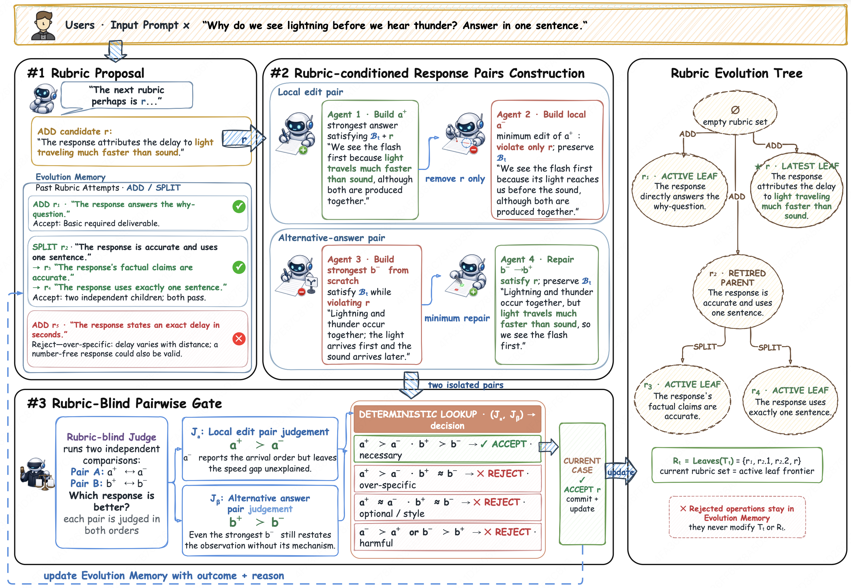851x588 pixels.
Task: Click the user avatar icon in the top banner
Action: click(43, 25)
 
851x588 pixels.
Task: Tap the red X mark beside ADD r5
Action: click(239, 338)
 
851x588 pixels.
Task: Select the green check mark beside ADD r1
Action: click(239, 206)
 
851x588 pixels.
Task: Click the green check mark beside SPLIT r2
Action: click(239, 267)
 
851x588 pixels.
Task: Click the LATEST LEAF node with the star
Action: click(796, 190)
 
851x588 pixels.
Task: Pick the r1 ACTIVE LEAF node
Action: click(679, 190)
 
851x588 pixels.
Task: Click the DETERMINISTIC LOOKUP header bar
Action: click(447, 419)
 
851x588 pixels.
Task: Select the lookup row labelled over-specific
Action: click(447, 479)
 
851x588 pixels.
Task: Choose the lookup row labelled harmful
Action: click(447, 537)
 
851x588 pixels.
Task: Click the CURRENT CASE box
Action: click(582, 484)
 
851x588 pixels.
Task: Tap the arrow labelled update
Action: click(621, 472)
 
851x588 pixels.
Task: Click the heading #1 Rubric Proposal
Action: click(86, 73)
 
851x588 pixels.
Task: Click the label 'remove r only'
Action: click(455, 179)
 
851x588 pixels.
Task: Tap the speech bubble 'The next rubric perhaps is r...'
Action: click(127, 96)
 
